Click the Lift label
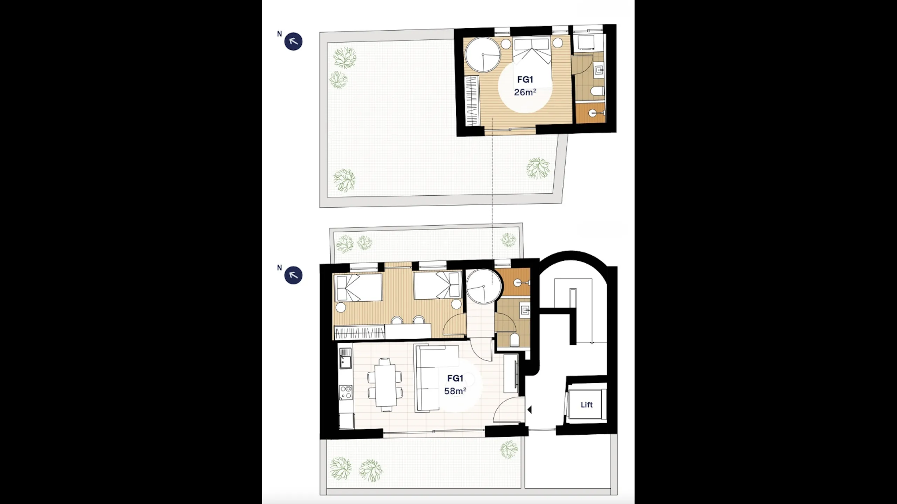[587, 405]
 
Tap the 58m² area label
[455, 391]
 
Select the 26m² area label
[525, 92]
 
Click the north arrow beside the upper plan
[293, 42]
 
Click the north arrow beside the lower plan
[293, 275]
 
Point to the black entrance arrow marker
[529, 409]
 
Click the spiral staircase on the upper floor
[483, 55]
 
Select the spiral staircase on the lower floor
[484, 287]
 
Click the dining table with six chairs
[385, 385]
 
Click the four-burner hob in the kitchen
[346, 392]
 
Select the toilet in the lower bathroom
[514, 340]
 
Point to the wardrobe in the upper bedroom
[472, 100]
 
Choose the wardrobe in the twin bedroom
[360, 332]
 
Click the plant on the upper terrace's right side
[538, 168]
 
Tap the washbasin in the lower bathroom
[525, 310]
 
